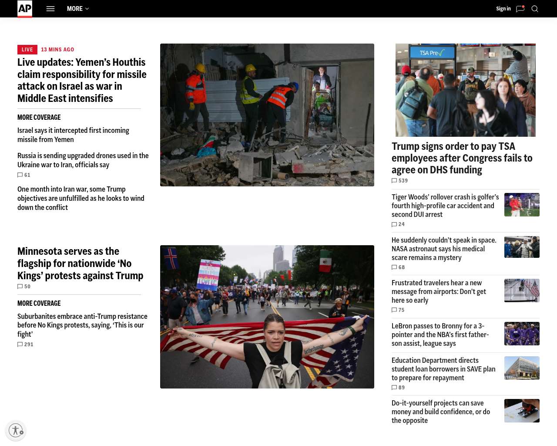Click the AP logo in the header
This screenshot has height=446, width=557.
tap(25, 9)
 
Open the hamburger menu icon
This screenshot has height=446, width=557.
tap(50, 9)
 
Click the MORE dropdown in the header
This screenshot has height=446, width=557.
tap(78, 9)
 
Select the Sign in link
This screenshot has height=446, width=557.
tap(503, 9)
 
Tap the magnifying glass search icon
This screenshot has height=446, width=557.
tap(535, 9)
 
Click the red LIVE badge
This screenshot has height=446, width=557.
tap(27, 50)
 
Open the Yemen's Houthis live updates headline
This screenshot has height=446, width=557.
tap(82, 80)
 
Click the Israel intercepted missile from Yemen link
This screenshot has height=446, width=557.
tap(73, 135)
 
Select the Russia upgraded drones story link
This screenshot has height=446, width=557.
tap(83, 160)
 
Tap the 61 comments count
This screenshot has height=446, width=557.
tap(24, 175)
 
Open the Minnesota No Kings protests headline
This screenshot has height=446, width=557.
tap(80, 264)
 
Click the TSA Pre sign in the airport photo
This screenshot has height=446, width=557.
tap(432, 53)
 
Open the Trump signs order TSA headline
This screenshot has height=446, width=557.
tap(462, 158)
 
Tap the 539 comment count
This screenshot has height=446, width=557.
tap(400, 181)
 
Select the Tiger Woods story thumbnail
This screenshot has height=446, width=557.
tap(522, 205)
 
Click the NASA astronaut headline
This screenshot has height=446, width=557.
tap(444, 249)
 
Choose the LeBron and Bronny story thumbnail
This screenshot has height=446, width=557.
tap(522, 334)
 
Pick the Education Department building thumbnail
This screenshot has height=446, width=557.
tap(522, 368)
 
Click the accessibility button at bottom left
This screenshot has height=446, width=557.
tap(16, 430)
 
